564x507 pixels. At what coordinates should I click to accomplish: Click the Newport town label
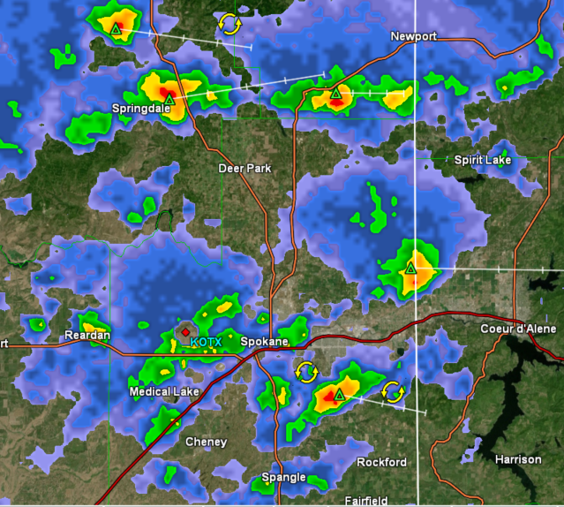[x=414, y=36]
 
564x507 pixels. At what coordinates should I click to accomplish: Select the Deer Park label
[x=245, y=168]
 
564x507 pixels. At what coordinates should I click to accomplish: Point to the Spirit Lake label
[x=483, y=160]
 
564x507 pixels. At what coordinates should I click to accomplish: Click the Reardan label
[x=87, y=336]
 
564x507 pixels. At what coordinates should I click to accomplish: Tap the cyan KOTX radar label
[x=206, y=342]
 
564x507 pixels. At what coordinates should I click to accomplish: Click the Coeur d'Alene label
[x=515, y=329]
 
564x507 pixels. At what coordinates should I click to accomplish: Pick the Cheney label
[x=206, y=442]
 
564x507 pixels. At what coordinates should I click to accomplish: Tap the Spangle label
[x=283, y=478]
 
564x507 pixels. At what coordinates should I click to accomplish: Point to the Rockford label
[x=381, y=462]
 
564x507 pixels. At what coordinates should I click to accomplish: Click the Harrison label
[x=518, y=459]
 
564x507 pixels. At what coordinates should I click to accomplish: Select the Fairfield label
[x=365, y=501]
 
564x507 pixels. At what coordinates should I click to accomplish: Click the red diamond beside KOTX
[x=185, y=333]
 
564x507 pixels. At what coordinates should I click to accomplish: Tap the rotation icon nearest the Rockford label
[x=394, y=390]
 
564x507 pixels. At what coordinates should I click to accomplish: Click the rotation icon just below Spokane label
[x=305, y=371]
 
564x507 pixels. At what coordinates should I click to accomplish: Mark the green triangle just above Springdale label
[x=169, y=99]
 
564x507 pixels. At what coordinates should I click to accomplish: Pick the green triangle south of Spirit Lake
[x=410, y=268]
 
